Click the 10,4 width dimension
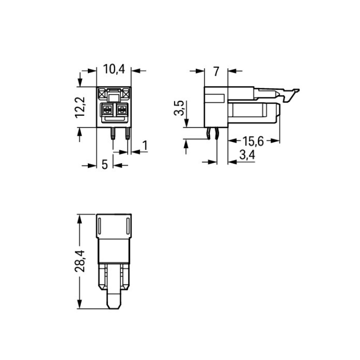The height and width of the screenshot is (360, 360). pos(114,69)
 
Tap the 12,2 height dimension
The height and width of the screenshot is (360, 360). pos(80,107)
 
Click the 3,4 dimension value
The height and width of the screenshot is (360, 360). pos(247,155)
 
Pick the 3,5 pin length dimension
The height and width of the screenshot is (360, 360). pos(180,108)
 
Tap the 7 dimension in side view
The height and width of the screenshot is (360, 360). pos(216,72)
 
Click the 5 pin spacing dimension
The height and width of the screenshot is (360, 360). pos(105,165)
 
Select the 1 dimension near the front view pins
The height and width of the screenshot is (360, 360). pos(144,145)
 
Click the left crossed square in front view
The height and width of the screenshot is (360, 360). pos(102,93)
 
